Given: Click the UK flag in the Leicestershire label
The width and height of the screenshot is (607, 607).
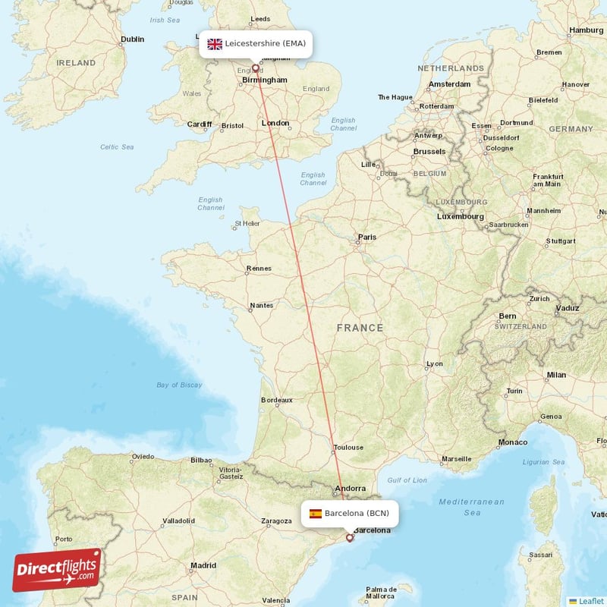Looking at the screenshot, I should (215, 44).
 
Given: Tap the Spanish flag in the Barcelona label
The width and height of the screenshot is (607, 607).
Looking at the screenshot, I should (316, 514).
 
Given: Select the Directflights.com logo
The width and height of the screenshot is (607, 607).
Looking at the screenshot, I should (57, 570).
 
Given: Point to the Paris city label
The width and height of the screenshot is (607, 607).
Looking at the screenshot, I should (367, 237).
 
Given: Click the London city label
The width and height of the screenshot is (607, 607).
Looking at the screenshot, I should (275, 123).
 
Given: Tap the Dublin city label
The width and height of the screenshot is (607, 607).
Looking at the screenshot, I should (132, 39).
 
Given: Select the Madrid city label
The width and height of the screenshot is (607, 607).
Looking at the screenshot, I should (203, 565).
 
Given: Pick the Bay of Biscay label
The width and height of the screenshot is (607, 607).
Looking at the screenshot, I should (179, 385).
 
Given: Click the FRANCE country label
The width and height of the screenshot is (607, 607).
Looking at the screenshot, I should (360, 328).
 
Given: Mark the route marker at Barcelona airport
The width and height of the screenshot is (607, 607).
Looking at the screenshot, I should (349, 538).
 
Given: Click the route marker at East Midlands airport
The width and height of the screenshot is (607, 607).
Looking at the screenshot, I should (256, 68).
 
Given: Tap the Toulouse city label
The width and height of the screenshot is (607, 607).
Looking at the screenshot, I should (348, 448).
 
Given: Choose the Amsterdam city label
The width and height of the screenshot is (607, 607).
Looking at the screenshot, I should (450, 84).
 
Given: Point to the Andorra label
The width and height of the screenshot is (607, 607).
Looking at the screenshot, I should (351, 489).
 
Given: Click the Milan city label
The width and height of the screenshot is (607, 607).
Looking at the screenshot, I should (556, 375).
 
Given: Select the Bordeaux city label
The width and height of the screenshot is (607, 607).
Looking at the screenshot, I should (277, 400).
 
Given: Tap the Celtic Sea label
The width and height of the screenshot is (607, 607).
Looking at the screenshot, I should (117, 147).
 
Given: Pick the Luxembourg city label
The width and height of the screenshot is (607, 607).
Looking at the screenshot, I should (461, 217).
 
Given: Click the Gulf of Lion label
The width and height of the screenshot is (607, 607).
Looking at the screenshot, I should (408, 480).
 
